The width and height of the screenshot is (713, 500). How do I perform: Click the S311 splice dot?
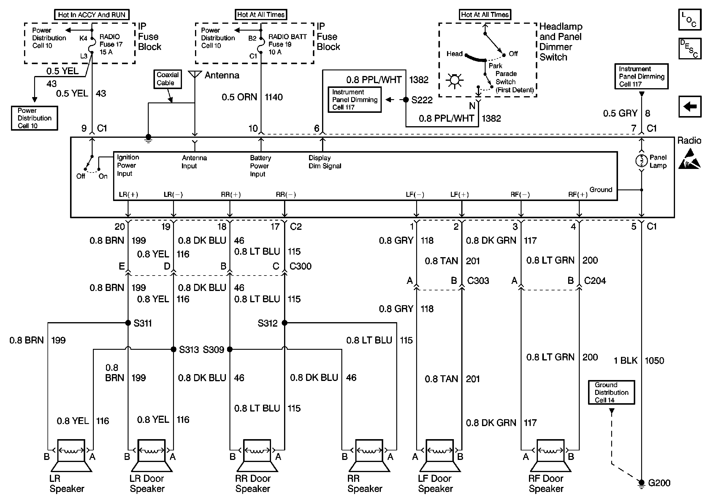[x=128, y=323]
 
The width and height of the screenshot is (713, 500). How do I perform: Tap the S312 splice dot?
[x=284, y=323]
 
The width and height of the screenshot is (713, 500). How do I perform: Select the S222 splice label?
[x=422, y=100]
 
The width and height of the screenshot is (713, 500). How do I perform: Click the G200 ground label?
[x=659, y=483]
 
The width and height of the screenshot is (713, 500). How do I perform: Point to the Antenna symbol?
[x=195, y=75]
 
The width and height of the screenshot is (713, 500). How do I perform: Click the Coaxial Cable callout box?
[x=168, y=79]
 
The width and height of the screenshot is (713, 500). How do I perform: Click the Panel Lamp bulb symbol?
[x=641, y=161]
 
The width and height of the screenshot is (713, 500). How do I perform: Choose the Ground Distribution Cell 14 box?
[x=611, y=393]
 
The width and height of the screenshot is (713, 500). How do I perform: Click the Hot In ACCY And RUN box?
[x=92, y=15]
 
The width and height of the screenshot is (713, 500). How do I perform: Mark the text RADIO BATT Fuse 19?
[x=287, y=41]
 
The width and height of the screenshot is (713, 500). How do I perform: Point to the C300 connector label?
[x=300, y=266]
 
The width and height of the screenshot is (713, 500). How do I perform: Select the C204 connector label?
[x=595, y=281]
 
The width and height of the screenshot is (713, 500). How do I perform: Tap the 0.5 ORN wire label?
[x=239, y=97]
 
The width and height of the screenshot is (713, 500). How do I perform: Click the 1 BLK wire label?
[x=625, y=360]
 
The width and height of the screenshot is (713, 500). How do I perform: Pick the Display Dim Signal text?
[x=325, y=162]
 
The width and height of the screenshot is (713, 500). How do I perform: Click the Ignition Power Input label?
[x=128, y=165]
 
